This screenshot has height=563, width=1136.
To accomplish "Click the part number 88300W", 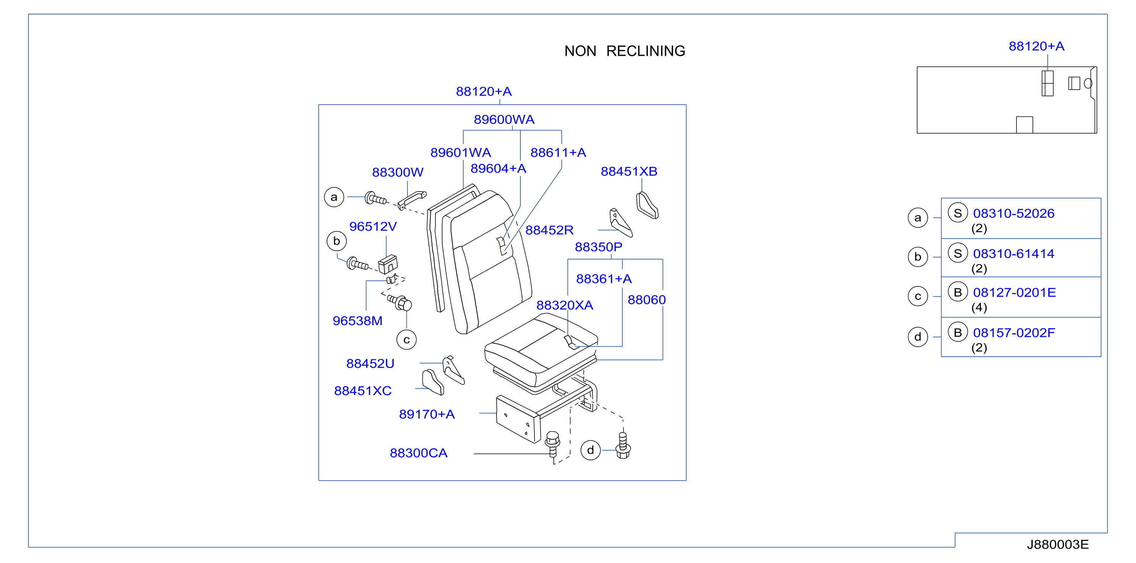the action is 398,172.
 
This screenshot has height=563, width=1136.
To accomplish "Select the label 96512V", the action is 372,226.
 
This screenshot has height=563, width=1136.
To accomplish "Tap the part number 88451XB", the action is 629,171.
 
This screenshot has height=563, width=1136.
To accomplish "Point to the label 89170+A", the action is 426,414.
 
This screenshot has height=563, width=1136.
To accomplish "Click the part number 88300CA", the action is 418,453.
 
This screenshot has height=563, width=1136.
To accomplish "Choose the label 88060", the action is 646,300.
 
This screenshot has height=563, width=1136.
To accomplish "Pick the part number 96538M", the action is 357,321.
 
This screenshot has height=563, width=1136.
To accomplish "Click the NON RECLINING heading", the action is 624,51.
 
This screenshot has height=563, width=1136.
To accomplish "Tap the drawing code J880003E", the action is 1057,544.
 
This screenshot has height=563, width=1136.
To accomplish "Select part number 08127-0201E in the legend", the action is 1014,293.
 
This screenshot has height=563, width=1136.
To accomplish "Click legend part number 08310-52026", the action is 1013,214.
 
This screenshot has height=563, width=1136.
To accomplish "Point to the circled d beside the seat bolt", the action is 591,450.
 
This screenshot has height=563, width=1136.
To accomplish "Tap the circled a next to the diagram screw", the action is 334,197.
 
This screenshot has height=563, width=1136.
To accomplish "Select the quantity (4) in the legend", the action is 979,308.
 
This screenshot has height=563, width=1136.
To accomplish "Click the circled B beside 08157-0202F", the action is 958,332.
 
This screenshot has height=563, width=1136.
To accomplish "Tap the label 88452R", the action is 549,230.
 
